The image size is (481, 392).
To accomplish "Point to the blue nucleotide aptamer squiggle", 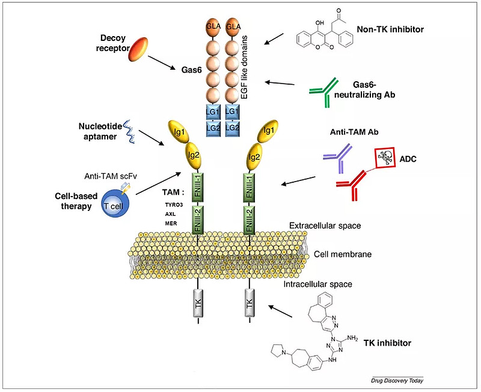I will click(129, 133).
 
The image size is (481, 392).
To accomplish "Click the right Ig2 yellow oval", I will click(253, 158).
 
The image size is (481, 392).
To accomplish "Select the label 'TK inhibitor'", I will click(388, 343).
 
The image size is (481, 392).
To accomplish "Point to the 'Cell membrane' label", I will click(343, 254).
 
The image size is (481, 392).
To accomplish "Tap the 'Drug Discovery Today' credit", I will click(397, 381).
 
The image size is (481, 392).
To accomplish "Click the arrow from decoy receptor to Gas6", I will click(161, 61).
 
